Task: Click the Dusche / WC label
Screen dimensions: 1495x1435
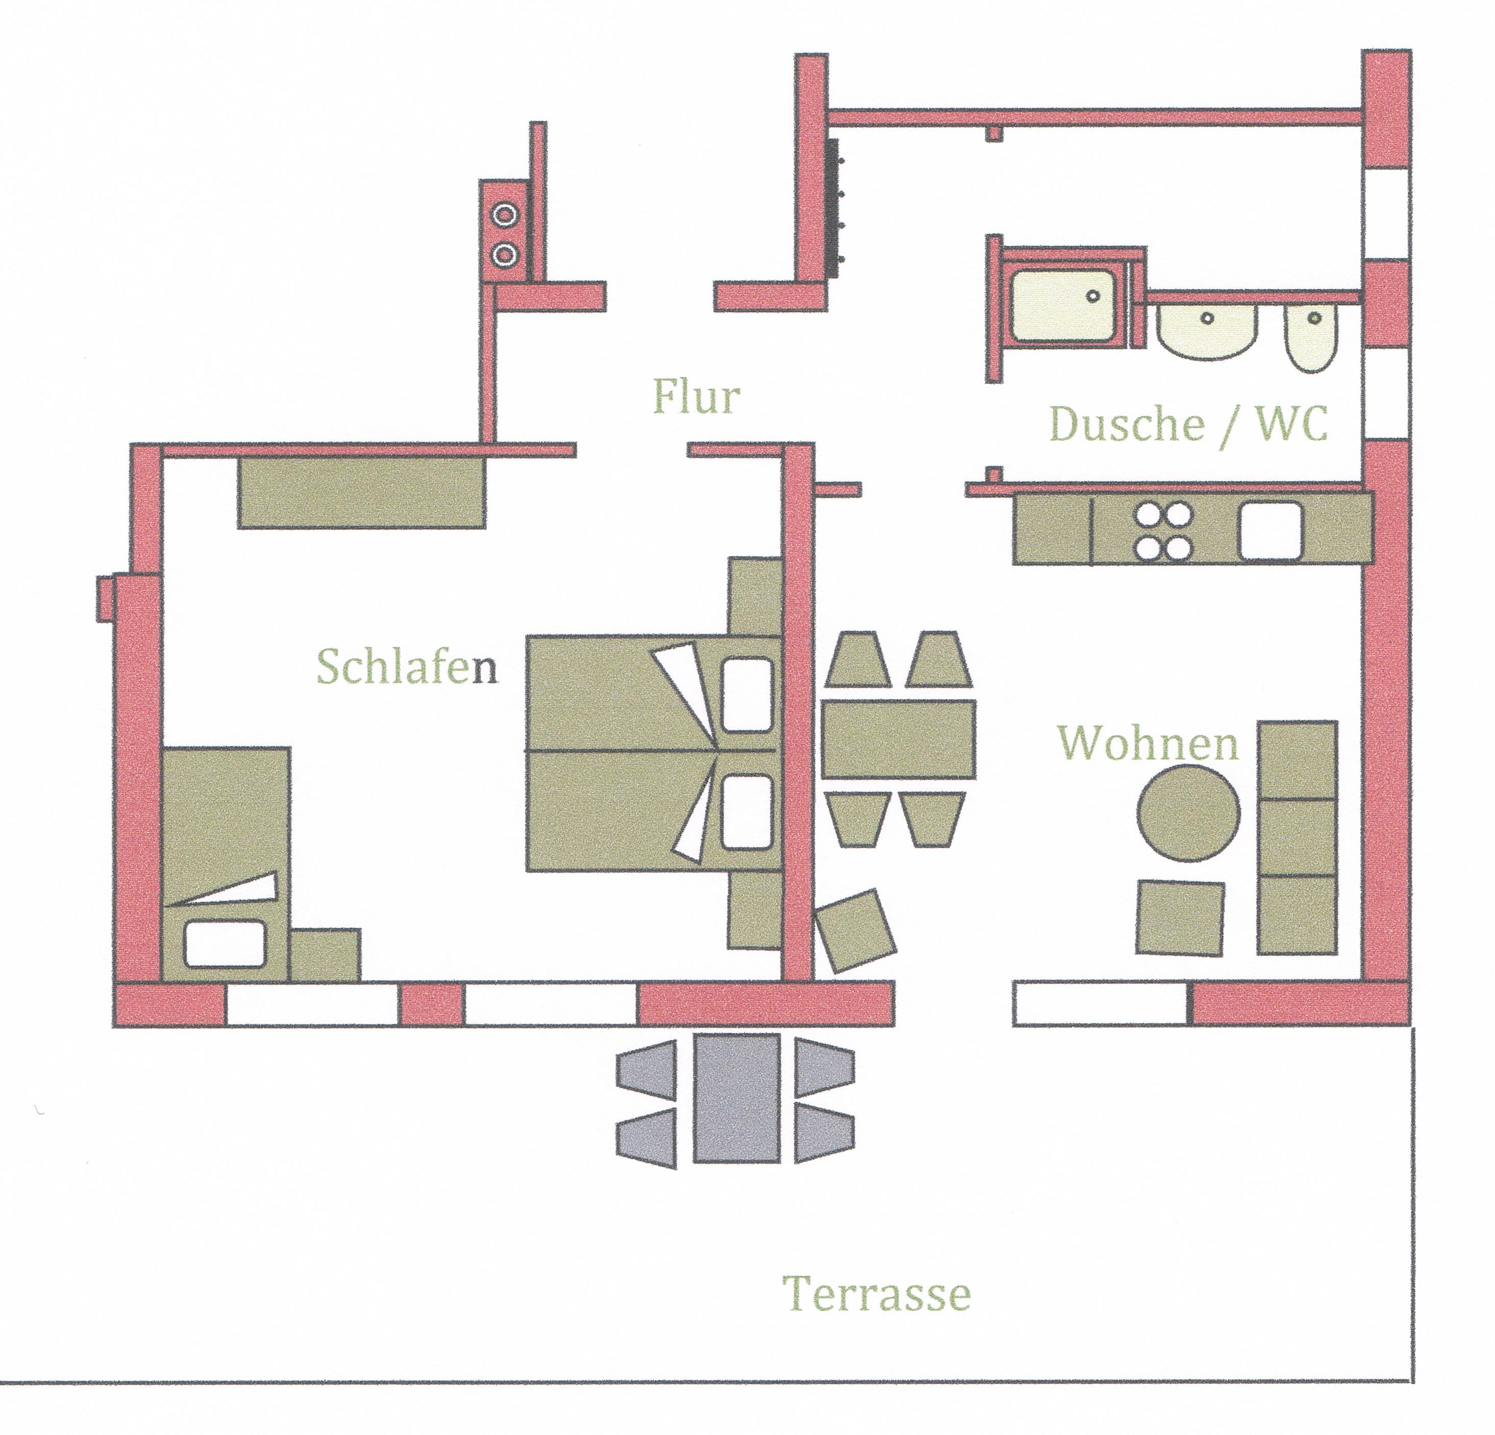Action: pos(1188,424)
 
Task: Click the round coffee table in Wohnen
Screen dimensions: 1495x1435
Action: pos(1188,814)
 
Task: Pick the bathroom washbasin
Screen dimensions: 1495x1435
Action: pos(1207,330)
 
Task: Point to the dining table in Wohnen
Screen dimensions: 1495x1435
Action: pos(899,738)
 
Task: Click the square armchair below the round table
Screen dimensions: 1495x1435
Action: pos(1180,917)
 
